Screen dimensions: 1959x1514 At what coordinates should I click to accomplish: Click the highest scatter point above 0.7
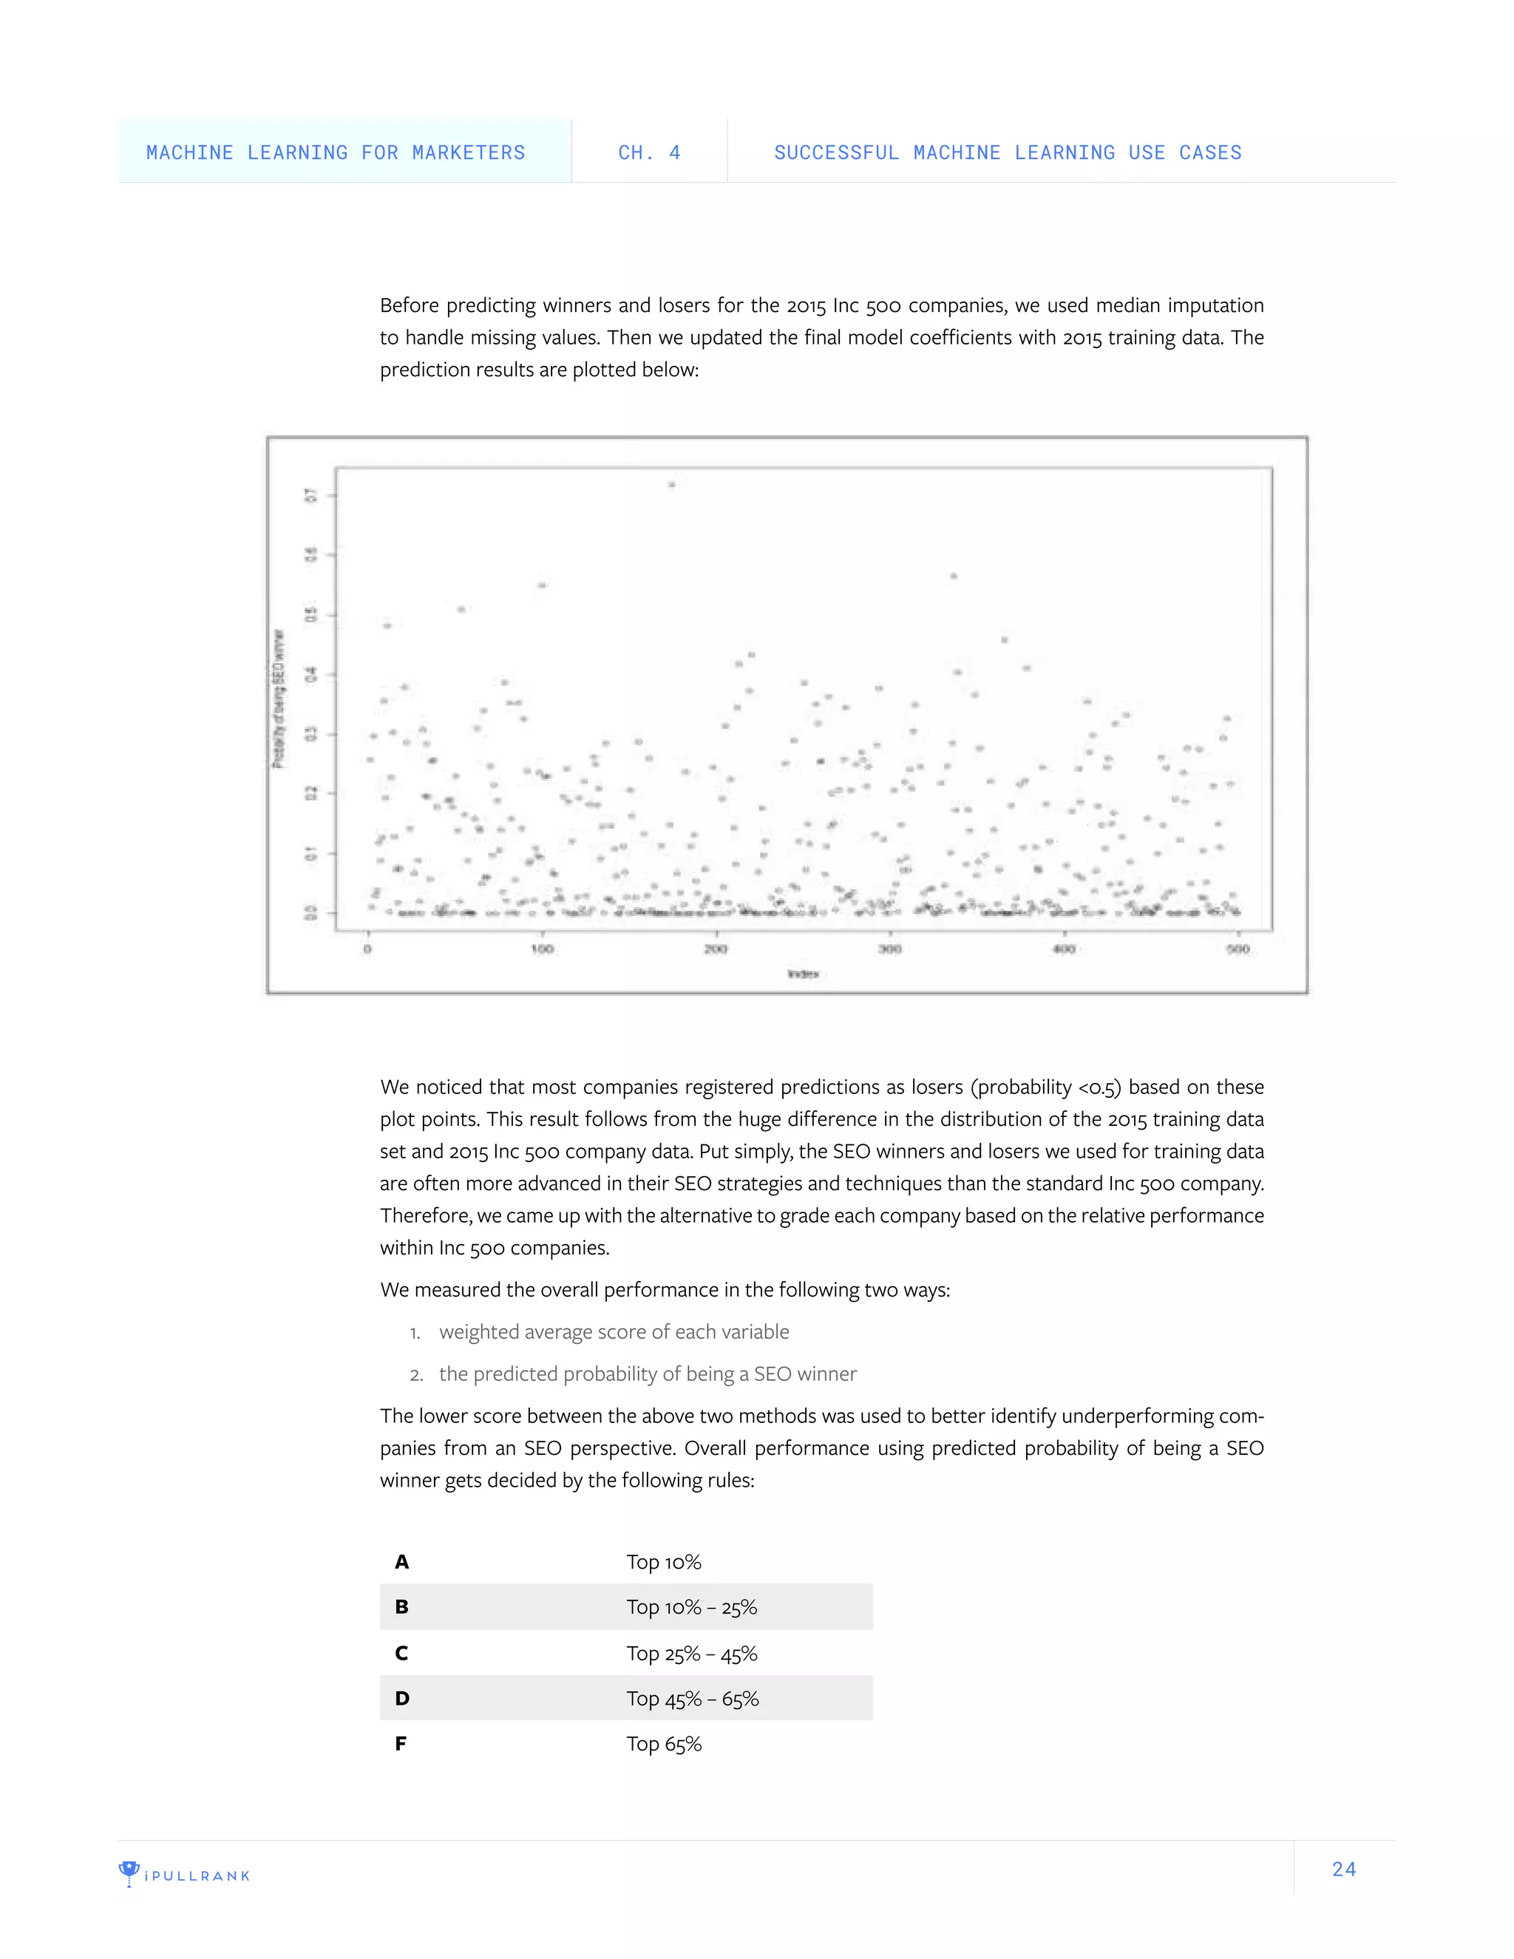(x=671, y=484)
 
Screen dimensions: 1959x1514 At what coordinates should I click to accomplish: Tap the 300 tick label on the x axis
(x=889, y=949)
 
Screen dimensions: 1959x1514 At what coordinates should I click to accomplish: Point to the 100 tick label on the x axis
(x=542, y=949)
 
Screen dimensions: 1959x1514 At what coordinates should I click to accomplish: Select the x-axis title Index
(x=803, y=974)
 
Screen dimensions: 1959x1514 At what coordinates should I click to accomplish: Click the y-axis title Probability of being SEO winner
(x=279, y=699)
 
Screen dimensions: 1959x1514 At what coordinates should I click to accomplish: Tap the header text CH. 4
(x=649, y=152)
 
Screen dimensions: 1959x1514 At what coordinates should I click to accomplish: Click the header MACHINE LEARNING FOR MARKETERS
(x=336, y=152)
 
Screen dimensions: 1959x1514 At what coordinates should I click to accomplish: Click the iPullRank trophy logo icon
(x=129, y=1873)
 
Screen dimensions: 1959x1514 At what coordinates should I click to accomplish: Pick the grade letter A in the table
(x=402, y=1561)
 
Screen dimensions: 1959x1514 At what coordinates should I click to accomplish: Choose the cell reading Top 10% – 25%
(x=691, y=1606)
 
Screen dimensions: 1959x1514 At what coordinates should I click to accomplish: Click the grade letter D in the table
(x=402, y=1698)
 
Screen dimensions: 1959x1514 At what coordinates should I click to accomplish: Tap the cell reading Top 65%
(x=664, y=1744)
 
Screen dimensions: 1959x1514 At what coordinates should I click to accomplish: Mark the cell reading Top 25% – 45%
(x=691, y=1653)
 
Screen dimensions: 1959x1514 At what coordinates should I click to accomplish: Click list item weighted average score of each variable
(x=614, y=1332)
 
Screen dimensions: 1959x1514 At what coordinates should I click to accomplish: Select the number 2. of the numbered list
(x=416, y=1375)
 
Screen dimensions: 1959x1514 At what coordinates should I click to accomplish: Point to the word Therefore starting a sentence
(x=425, y=1215)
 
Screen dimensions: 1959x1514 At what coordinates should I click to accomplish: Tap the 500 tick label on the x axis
(x=1238, y=949)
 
